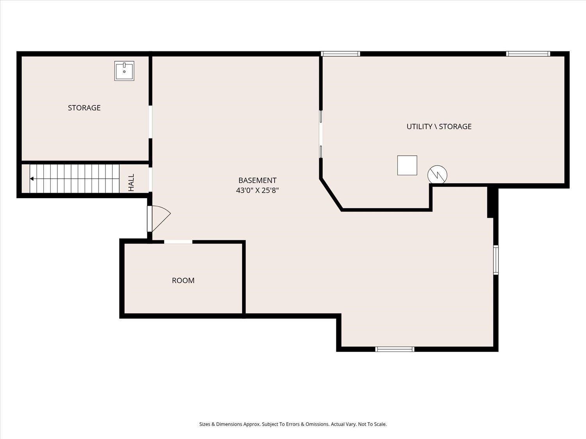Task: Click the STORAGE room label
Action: tap(84, 108)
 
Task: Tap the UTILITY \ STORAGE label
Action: tap(439, 126)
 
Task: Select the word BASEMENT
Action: tap(257, 180)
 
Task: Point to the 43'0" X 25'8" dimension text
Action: tap(257, 190)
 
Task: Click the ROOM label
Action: tap(183, 281)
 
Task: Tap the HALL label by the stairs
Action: tap(131, 183)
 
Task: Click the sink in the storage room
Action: tap(124, 71)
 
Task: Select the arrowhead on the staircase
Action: tap(32, 179)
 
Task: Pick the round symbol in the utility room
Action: tap(437, 175)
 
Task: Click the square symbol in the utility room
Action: tap(407, 165)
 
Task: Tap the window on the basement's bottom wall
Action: tap(395, 349)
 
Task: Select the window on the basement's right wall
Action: tap(496, 260)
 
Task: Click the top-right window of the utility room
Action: tap(528, 54)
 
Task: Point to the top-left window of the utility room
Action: tap(340, 54)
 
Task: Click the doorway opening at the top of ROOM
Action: tap(178, 242)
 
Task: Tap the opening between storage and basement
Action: tap(150, 122)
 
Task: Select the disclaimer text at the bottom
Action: tap(293, 424)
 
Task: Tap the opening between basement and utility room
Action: tap(321, 134)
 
